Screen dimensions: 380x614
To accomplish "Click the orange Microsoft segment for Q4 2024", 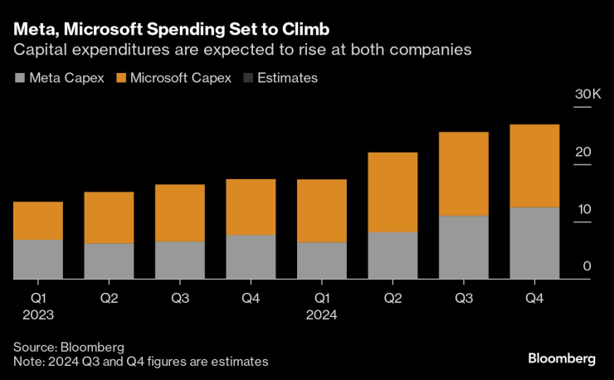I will [534, 166].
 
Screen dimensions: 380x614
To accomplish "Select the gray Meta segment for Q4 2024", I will [534, 242].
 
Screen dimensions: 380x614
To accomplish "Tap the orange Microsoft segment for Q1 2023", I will [38, 221].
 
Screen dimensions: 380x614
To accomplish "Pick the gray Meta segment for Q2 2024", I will [392, 255].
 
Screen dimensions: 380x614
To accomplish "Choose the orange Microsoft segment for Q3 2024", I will [463, 174].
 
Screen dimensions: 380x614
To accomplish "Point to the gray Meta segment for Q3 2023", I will [180, 260].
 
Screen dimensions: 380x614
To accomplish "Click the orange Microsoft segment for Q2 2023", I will [109, 217].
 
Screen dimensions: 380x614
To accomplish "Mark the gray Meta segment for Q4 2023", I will [251, 256].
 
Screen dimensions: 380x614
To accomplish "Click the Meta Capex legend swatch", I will [20, 78].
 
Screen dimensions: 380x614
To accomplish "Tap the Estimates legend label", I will [288, 78].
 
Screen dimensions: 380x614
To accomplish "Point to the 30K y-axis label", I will [587, 95].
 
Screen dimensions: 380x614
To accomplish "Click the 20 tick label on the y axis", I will [585, 152].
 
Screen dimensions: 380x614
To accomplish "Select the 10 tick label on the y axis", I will [585, 209].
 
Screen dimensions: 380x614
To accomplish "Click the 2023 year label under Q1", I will [38, 314].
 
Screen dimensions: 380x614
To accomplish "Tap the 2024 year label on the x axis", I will [322, 314].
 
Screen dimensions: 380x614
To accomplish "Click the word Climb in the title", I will [305, 29].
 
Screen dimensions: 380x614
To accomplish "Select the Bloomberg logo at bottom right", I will [562, 358].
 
